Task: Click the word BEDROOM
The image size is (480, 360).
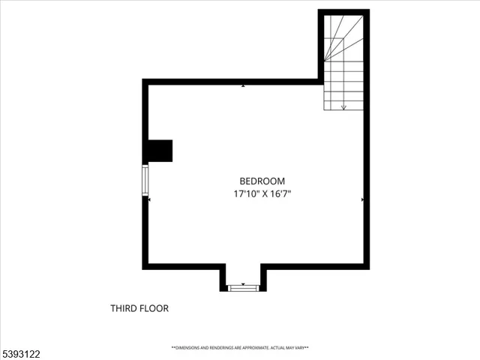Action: tap(262, 181)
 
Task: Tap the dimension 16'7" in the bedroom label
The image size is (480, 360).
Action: tap(279, 194)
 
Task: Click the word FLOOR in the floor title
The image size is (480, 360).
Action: tap(157, 308)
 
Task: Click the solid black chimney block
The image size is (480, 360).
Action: tap(159, 150)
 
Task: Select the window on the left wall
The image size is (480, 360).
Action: tap(145, 181)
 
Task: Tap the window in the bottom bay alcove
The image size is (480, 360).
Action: tap(243, 287)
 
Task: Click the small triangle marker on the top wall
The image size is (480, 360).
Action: tap(243, 86)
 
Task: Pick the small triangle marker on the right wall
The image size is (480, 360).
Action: tap(361, 200)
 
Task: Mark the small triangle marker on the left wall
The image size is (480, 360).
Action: tap(150, 200)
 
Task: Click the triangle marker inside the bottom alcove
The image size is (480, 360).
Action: tap(243, 283)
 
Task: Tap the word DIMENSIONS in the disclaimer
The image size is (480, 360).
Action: tap(191, 348)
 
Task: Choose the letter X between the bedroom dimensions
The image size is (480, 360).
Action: tap(262, 194)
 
